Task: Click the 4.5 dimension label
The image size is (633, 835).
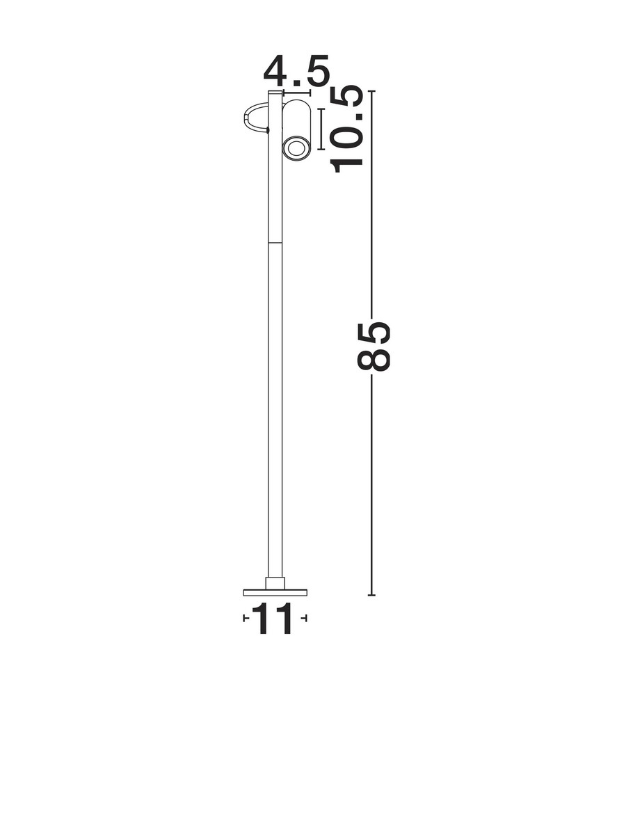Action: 296,71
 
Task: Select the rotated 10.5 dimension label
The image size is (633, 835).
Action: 346,129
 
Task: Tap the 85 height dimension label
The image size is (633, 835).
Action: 373,346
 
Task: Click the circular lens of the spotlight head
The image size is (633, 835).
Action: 296,149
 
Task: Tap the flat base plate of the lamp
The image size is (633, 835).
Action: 275,592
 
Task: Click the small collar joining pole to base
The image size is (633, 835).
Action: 275,583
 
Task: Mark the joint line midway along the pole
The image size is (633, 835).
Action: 275,242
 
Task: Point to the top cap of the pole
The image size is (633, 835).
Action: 275,93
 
